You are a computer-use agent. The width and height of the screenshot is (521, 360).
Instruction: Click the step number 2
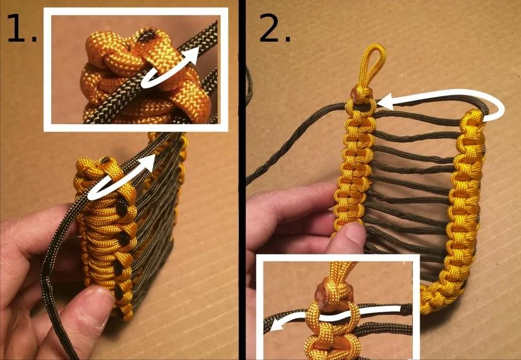coord(275,28)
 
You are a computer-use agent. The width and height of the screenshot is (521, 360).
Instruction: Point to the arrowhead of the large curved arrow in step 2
coord(386,102)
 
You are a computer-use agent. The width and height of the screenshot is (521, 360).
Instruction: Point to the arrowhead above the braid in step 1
coord(149,160)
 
